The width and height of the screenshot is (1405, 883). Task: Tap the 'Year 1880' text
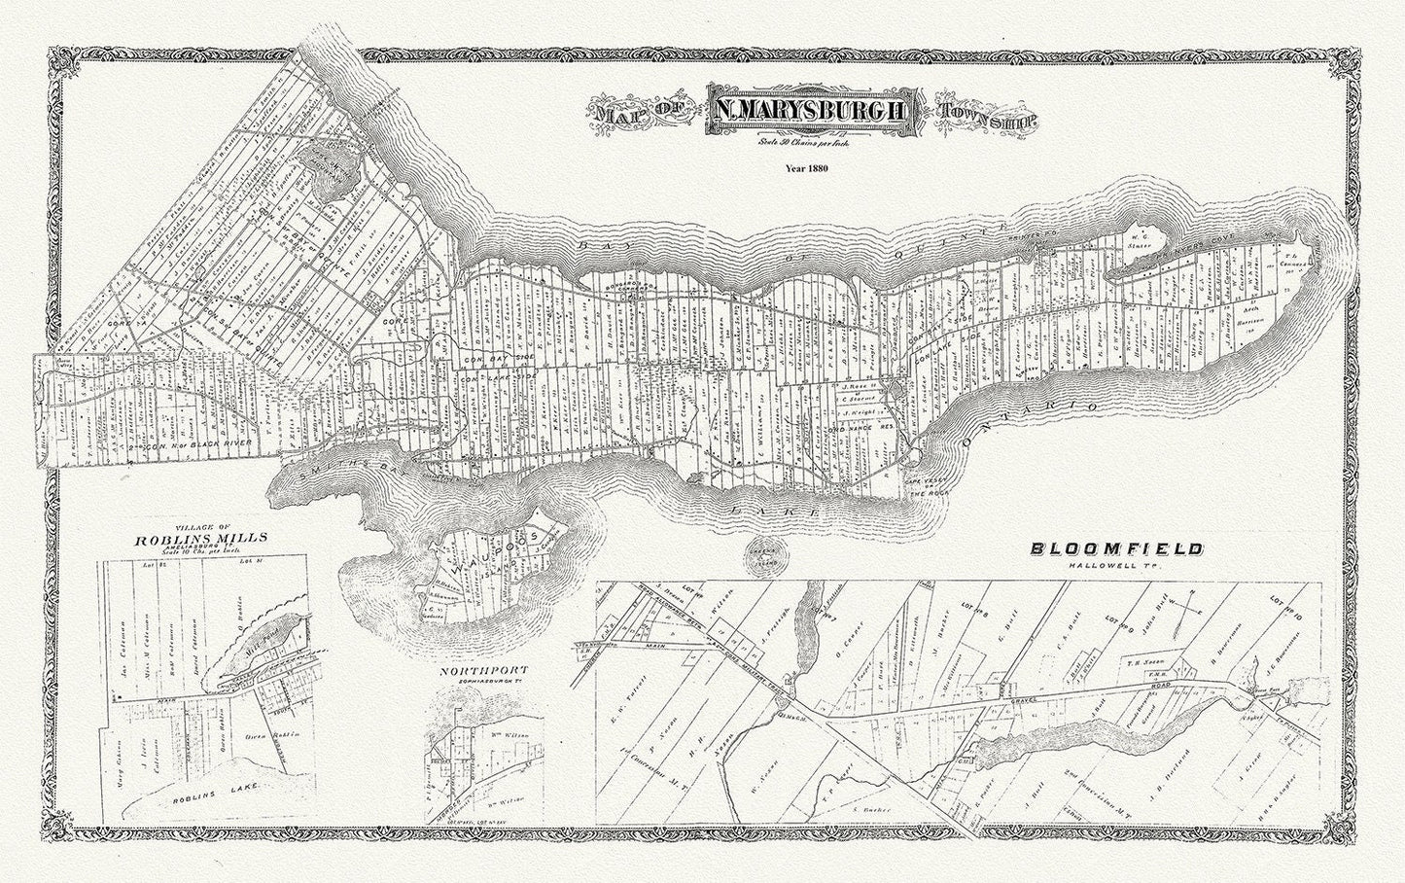(x=809, y=168)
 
